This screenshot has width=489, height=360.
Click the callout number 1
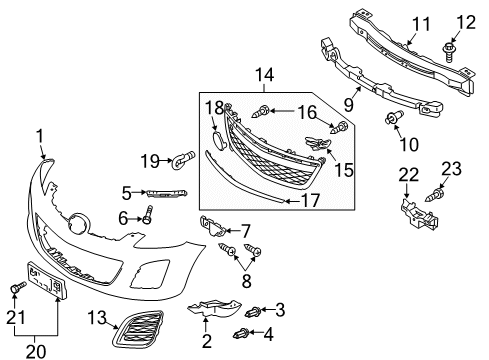[x=41, y=134]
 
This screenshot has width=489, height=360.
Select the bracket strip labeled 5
[x=166, y=192]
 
